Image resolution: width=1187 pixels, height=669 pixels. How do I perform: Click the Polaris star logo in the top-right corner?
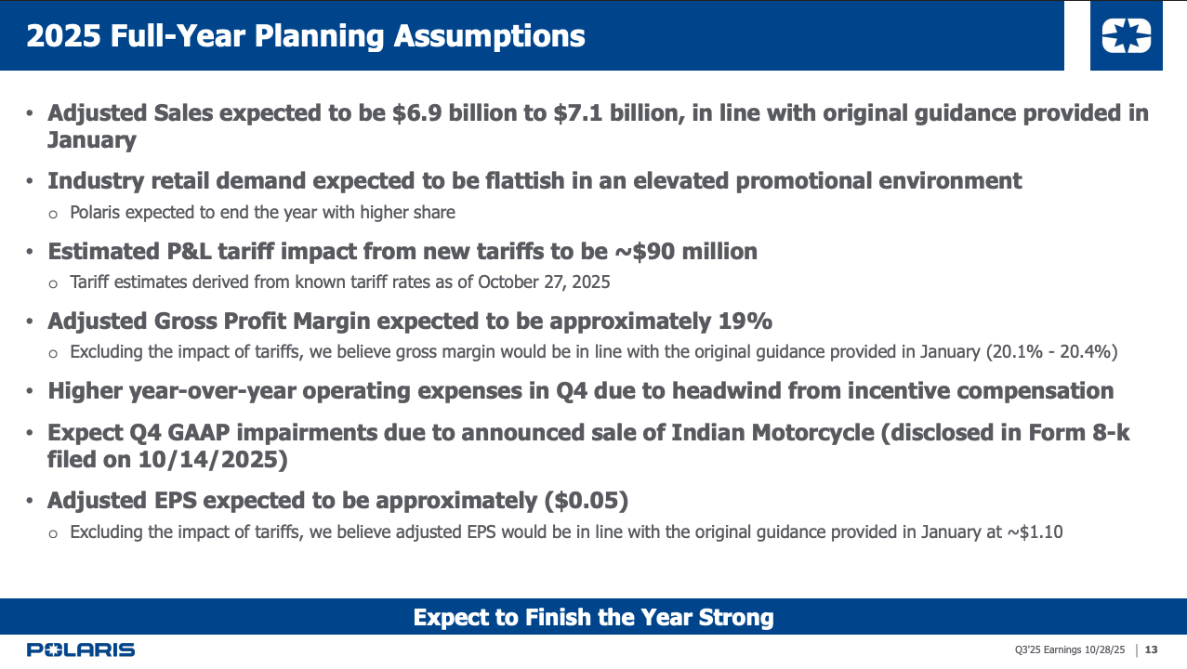[x=1126, y=36]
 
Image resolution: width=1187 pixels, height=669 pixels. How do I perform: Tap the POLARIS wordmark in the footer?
[x=81, y=649]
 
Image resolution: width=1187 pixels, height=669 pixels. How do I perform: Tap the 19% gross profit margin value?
[x=745, y=321]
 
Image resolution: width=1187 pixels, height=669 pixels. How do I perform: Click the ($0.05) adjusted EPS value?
[x=586, y=501]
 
